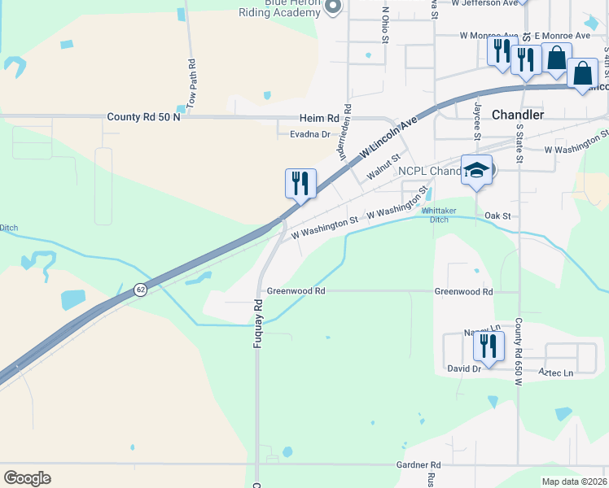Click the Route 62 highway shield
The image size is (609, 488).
tap(141, 290)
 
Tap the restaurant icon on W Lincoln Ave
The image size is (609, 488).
tap(300, 184)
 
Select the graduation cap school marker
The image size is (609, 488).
tap(476, 172)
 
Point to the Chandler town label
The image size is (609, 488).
tap(518, 115)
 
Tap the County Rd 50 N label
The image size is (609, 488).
tap(145, 118)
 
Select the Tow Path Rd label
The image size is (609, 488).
tap(192, 84)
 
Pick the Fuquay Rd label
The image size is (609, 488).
tap(258, 323)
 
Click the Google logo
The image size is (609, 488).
tap(27, 478)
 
